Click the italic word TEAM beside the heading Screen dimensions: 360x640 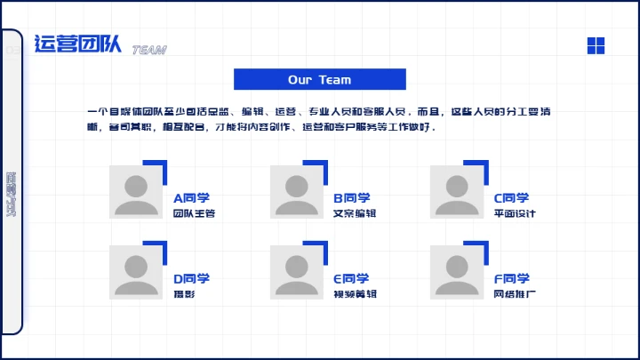click(148, 51)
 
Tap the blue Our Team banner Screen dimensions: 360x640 click(319, 79)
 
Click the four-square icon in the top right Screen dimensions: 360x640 click(596, 45)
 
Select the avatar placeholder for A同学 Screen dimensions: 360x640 click(136, 191)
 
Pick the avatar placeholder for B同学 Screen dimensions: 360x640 click(296, 191)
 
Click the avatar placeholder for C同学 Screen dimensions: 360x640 click(457, 191)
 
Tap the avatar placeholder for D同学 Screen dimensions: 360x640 click(136, 271)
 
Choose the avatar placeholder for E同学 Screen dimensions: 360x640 click(296, 271)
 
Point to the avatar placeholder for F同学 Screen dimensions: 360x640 click(457, 271)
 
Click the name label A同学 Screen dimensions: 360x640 click(191, 198)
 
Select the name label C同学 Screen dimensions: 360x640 click(511, 198)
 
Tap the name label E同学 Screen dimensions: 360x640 click(351, 278)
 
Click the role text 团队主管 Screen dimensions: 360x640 click(194, 214)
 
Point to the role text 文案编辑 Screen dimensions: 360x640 click(355, 214)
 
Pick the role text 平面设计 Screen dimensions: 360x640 click(515, 214)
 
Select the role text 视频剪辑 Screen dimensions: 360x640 click(355, 294)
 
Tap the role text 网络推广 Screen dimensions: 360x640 click(515, 294)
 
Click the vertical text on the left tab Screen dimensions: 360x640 click(11, 194)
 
